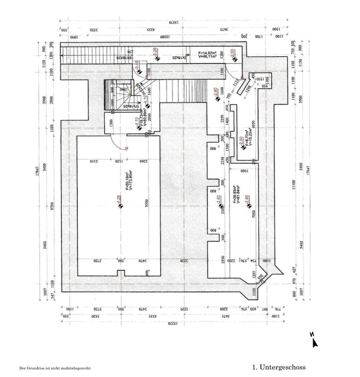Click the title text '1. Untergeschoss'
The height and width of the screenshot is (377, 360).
point(279,368)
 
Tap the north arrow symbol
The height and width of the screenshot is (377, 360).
point(314,340)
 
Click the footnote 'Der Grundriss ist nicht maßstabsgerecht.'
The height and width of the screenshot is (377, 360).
point(55,368)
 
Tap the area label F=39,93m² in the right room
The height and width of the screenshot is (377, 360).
point(234,194)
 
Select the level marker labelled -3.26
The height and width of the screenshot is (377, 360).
point(156,54)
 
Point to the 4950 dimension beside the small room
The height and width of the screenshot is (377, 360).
point(255,125)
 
